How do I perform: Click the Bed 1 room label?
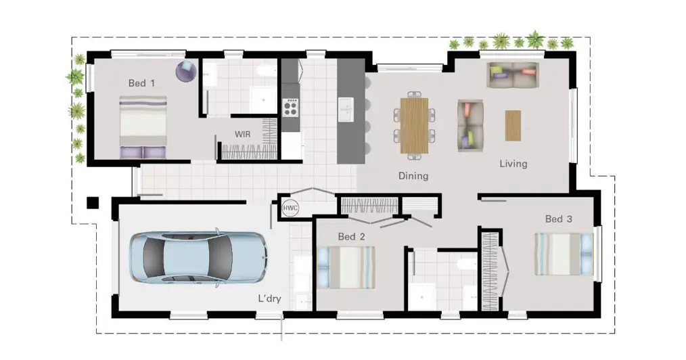(x=141, y=83)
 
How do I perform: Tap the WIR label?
(x=243, y=134)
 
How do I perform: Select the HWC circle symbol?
(x=290, y=208)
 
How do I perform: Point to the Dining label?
(x=413, y=176)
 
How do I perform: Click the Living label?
(x=513, y=164)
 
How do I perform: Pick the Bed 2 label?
(x=351, y=237)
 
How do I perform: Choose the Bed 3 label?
(x=559, y=219)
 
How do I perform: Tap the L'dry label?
(x=269, y=299)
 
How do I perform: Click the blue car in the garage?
(x=199, y=258)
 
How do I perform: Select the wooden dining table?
(x=414, y=125)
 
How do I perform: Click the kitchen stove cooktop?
(x=290, y=108)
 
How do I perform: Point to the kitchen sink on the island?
(x=346, y=110)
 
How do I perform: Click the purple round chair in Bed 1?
(x=186, y=71)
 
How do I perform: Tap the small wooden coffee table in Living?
(x=513, y=126)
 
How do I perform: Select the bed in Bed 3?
(x=564, y=254)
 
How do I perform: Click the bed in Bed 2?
(x=346, y=267)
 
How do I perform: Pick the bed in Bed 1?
(x=143, y=127)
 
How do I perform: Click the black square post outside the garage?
(x=93, y=202)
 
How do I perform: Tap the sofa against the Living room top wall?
(x=513, y=75)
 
